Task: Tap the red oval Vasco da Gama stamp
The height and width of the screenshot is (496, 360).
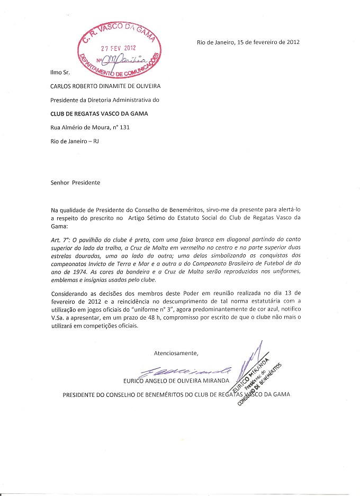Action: click(x=119, y=50)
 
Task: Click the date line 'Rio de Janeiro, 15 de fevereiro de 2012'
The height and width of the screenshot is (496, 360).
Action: click(x=247, y=42)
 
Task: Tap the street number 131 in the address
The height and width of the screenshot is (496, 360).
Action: click(x=125, y=127)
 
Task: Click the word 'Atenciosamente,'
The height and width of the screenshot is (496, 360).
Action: click(x=176, y=353)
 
